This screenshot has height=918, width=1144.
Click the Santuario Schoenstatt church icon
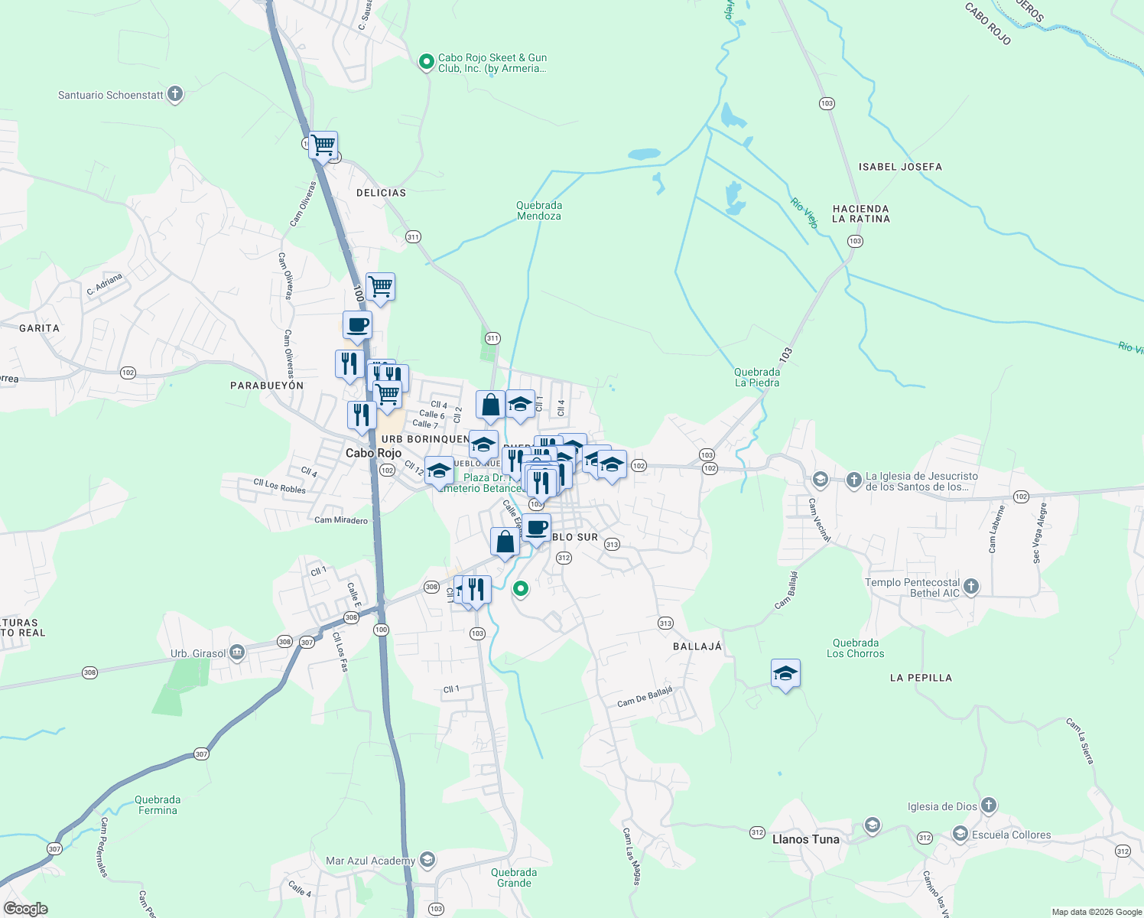175,95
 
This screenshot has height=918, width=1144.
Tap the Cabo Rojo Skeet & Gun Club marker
427,62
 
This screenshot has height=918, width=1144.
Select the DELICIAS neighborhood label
381,193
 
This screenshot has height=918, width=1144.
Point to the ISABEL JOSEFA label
900,167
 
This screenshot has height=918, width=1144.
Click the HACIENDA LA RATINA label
860,213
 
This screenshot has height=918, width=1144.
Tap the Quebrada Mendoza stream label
539,210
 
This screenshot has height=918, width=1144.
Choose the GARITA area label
39,328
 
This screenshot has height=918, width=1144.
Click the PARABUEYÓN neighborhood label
267,386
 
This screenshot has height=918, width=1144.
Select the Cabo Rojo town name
373,453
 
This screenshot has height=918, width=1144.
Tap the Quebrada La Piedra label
757,377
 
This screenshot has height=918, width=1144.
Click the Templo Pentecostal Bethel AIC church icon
971,587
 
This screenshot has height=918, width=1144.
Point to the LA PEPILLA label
921,678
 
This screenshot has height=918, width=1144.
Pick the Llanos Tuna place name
805,839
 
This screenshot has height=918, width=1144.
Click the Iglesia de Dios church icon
989,806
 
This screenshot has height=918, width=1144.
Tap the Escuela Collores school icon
960,834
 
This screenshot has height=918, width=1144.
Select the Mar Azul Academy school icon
427,861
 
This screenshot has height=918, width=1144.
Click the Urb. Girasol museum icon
237,653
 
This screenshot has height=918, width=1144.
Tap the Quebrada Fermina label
158,805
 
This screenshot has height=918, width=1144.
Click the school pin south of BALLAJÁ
785,674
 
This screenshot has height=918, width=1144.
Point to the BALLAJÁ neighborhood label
697,646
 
